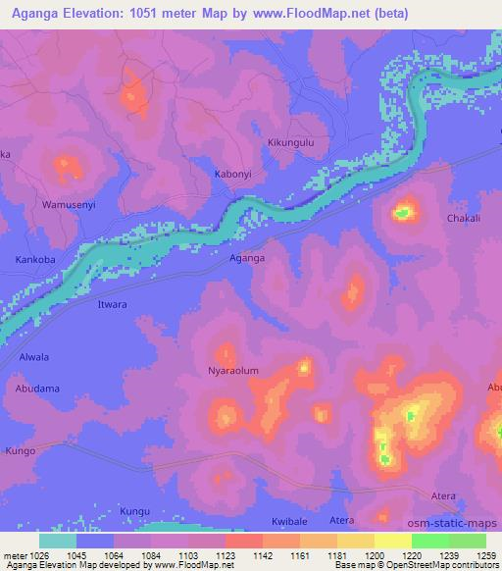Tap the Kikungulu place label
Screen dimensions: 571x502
(291, 142)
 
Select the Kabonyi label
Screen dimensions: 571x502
(234, 175)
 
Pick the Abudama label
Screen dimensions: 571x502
(37, 389)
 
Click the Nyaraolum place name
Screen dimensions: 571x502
(232, 371)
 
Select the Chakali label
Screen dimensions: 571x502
(464, 219)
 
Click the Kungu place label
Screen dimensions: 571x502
(134, 511)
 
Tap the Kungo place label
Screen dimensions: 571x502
(20, 450)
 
